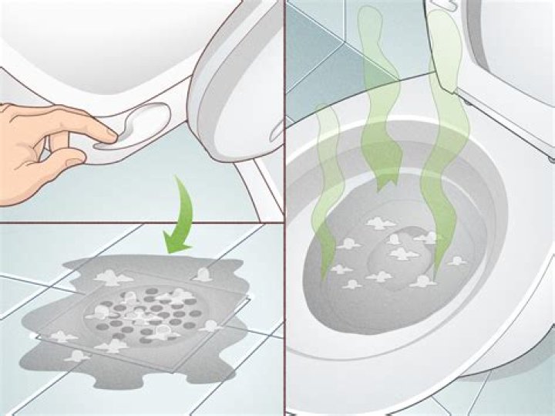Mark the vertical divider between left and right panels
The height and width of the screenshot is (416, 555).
pos(284,208)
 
